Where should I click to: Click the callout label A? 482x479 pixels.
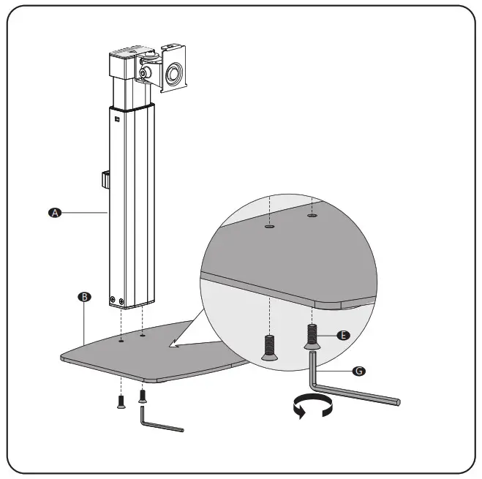pos(53,212)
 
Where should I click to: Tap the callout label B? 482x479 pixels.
pos(84,297)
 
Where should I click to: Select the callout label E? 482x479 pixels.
pos(344,334)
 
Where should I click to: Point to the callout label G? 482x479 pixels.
pos(358,371)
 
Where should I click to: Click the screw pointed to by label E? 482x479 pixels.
pos(312,337)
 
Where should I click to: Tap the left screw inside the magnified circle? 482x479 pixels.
pos(268,346)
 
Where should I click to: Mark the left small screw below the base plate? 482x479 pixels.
pos(120,401)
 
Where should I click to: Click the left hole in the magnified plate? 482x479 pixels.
pos(269,227)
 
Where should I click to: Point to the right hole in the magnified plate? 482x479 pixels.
pos(312,216)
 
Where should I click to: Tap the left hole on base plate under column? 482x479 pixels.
pos(120,339)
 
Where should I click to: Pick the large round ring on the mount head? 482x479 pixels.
pos(176,73)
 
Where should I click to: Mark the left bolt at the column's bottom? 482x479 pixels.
pos(112,299)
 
